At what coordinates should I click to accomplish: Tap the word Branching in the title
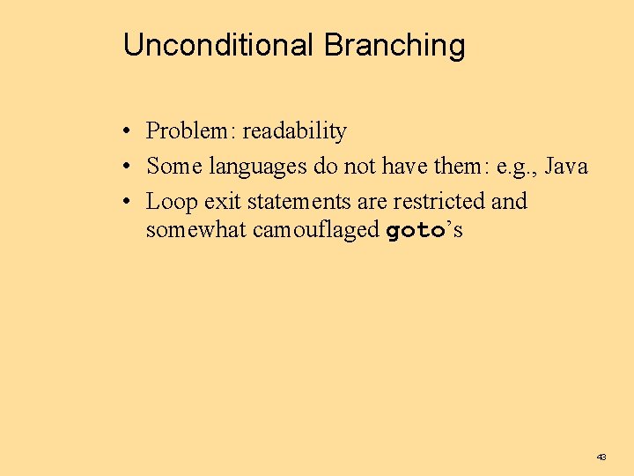[394, 46]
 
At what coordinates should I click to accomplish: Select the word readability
[295, 131]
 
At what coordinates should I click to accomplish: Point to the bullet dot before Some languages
[128, 167]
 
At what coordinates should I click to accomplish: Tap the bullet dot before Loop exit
[128, 202]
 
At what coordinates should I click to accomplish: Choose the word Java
[566, 166]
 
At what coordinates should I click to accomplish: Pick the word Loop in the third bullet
[172, 201]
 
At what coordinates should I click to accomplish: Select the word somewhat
[194, 231]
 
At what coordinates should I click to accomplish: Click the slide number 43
[601, 457]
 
